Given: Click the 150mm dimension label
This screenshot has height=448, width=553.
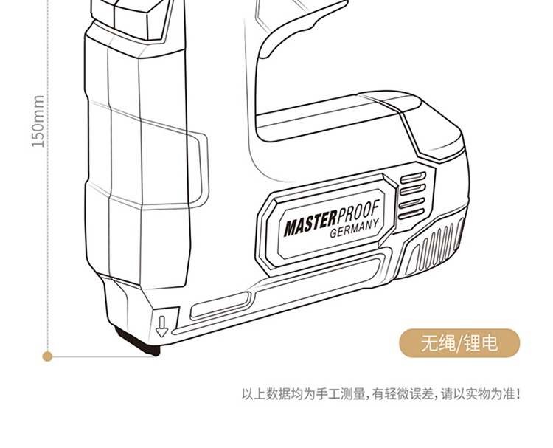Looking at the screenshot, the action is [x=39, y=121].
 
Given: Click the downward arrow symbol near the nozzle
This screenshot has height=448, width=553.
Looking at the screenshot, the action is [x=161, y=325].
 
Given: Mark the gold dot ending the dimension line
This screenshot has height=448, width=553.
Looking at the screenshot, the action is [x=48, y=356].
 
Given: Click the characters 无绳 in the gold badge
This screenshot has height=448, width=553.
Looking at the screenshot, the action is [x=439, y=343].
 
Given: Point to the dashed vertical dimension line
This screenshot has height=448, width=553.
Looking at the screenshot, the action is [x=48, y=221].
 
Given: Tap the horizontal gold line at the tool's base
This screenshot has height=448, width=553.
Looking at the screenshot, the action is [x=103, y=356].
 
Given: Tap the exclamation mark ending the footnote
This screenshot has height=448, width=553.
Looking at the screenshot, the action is [x=518, y=394].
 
